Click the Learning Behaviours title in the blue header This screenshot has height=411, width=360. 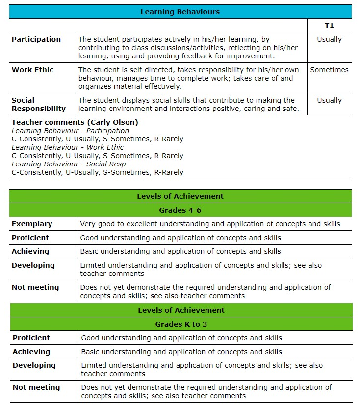180,12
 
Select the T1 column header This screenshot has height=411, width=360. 329,26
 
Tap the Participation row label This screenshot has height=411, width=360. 36,39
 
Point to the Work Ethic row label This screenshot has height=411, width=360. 33,70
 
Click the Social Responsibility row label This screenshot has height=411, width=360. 39,104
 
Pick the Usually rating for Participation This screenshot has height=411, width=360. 329,39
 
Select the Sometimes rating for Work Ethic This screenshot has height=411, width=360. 329,70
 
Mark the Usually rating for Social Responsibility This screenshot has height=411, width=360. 329,100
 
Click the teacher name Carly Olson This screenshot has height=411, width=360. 114,122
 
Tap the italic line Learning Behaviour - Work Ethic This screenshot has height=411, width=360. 68,147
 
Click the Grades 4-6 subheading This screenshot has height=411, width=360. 180,210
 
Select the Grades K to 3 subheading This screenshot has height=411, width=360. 181,324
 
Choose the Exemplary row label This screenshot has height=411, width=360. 32,224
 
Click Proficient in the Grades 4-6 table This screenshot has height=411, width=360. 30,238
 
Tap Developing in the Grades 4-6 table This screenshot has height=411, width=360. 33,265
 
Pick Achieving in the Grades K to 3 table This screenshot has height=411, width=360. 31,352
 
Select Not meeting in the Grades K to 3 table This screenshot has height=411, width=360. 36,387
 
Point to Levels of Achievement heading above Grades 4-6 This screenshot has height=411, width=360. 180,196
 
